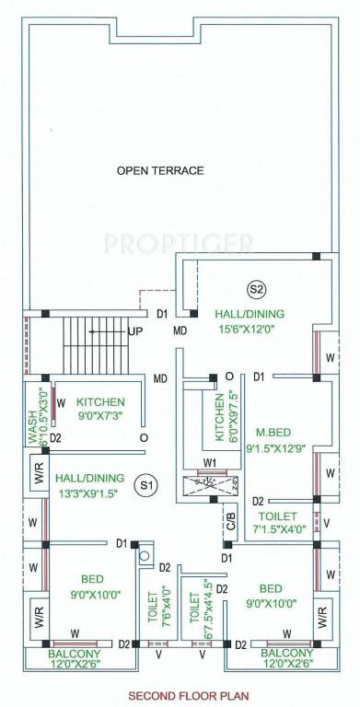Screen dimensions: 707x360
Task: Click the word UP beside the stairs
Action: pos(135,330)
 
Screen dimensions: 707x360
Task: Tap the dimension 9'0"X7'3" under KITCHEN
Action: pos(100,417)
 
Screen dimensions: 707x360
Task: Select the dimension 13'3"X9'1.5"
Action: pos(92,493)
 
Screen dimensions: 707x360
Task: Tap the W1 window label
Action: pos(210,463)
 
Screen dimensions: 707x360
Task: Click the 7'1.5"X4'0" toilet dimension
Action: pos(275,530)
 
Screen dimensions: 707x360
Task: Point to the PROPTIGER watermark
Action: pos(179,243)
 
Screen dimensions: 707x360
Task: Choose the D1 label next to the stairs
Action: pos(161,314)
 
